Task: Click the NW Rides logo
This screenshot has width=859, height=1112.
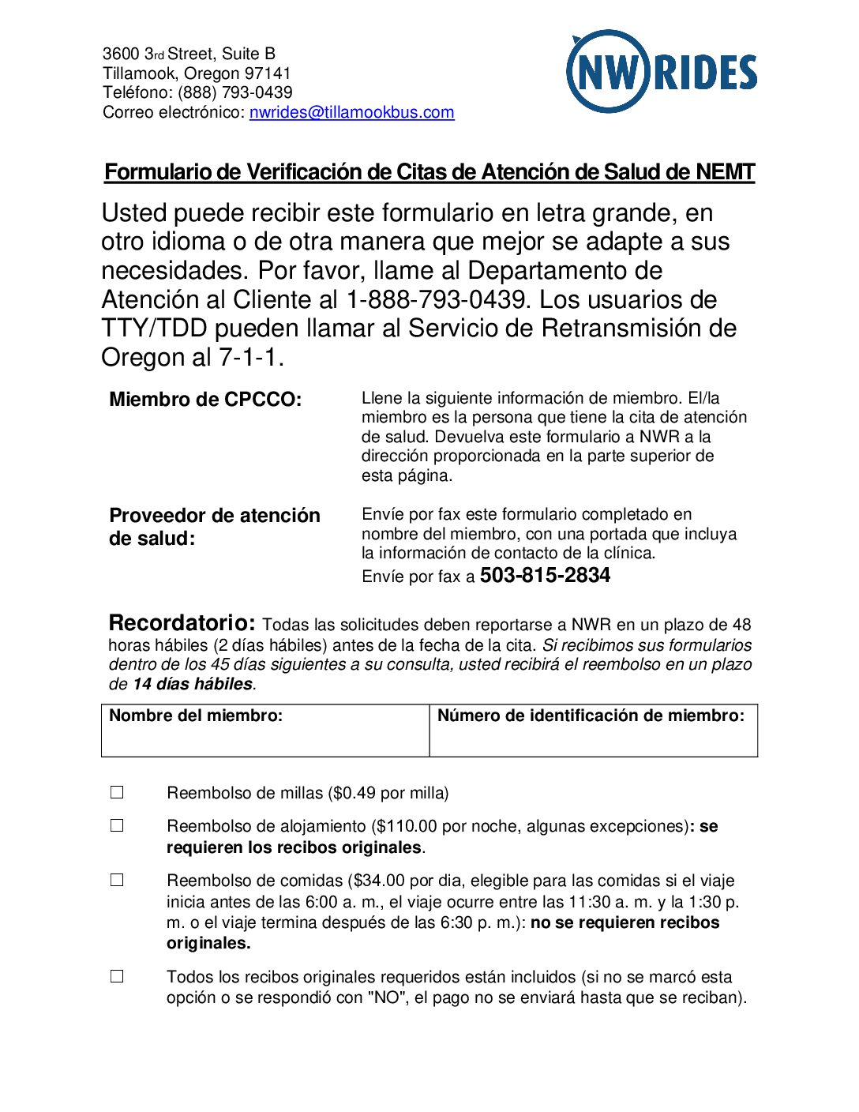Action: (662, 72)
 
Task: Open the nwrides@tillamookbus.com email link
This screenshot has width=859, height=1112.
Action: (351, 112)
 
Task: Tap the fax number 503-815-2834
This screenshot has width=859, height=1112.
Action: (545, 576)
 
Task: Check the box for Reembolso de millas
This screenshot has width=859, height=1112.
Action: (117, 792)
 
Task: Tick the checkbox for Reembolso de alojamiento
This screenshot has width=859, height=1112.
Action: (117, 825)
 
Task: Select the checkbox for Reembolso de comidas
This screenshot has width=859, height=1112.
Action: (117, 880)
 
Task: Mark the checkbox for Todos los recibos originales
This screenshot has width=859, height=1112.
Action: (117, 976)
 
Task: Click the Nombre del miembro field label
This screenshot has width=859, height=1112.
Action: (196, 716)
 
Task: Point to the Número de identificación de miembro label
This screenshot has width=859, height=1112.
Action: (591, 716)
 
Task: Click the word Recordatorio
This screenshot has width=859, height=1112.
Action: (182, 623)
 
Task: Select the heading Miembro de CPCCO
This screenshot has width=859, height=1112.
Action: (205, 400)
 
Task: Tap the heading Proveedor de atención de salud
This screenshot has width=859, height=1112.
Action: (214, 527)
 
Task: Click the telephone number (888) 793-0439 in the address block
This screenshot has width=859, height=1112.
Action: (234, 92)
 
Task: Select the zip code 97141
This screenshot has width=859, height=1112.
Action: (268, 73)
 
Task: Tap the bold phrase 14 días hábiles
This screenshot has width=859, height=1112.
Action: (193, 684)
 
